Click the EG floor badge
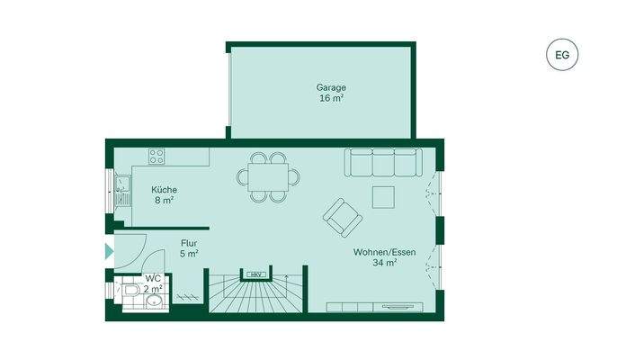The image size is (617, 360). click(x=562, y=55)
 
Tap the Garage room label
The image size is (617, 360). click(x=331, y=87)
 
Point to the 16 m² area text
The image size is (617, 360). click(x=331, y=98)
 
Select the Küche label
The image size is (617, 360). click(x=164, y=190)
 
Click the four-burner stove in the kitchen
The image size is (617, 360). click(x=156, y=156)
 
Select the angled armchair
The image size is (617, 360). click(x=342, y=216)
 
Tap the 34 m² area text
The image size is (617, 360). click(x=384, y=264)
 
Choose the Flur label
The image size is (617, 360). click(x=189, y=243)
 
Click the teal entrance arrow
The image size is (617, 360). click(x=109, y=251)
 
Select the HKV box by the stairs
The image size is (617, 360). click(x=256, y=274)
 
